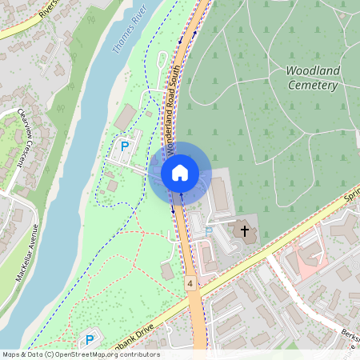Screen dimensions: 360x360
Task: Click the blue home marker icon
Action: pos(180,172)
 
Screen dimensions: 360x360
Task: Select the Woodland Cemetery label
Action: pos(313,78)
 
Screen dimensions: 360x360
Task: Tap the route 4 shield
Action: pos(190,283)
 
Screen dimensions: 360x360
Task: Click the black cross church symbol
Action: pos(244,231)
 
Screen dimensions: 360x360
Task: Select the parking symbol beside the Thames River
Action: pos(124,146)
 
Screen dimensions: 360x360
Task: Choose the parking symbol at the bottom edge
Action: pos(90,340)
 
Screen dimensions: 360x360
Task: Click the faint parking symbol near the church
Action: pos(208,230)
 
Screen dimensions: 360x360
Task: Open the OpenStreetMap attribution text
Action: pos(80,354)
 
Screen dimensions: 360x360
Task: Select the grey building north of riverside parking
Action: pos(126,118)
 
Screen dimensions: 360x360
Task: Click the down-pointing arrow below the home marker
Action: pos(173,210)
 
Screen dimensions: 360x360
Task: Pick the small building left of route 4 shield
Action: pos(167,271)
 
